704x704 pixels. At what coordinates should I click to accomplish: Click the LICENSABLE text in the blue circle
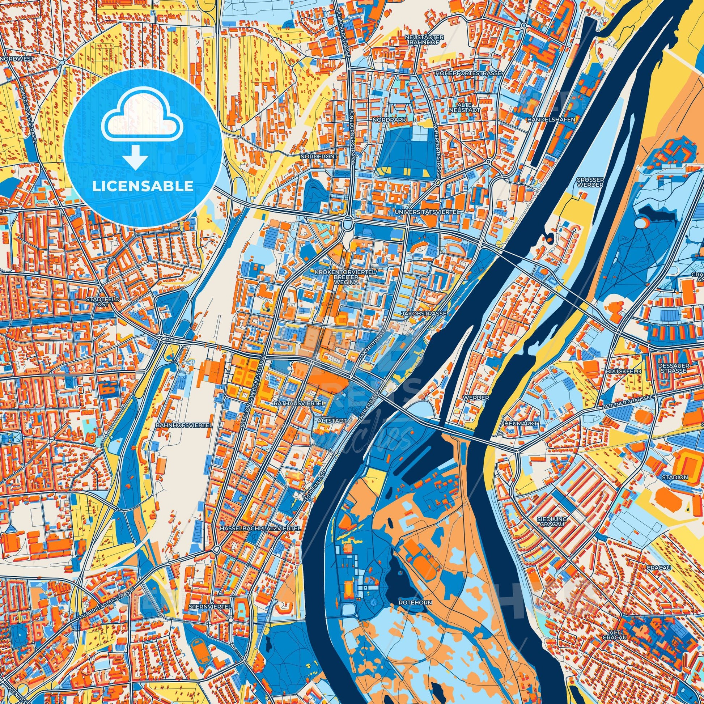click(143, 186)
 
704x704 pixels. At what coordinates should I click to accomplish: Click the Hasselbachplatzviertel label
click(260, 527)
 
